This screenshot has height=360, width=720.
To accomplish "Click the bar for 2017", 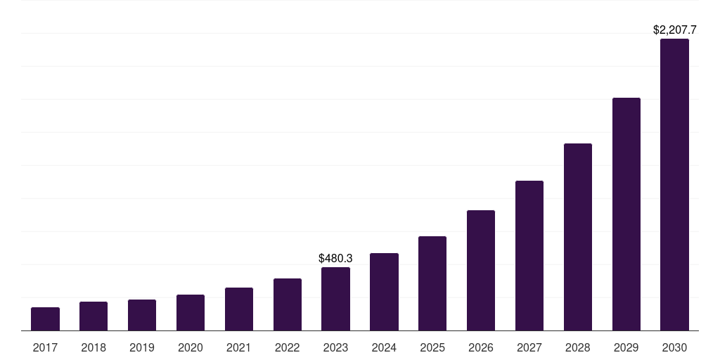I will [x=45, y=319].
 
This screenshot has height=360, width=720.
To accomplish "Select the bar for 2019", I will [x=142, y=315].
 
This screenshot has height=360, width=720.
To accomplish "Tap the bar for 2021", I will [x=239, y=309].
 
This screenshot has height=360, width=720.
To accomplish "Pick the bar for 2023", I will [x=335, y=299].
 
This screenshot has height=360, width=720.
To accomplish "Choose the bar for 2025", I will [x=432, y=283].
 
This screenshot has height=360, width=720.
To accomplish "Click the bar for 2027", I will [x=529, y=256].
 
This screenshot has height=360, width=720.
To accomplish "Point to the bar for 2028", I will [x=578, y=237].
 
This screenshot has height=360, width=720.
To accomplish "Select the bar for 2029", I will [x=626, y=214].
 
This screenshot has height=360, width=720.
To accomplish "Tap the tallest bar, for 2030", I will [x=674, y=185].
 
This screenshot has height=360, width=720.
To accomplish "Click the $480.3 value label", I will [x=335, y=259].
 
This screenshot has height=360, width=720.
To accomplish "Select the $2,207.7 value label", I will [x=674, y=30].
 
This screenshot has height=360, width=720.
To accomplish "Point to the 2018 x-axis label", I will [x=94, y=347].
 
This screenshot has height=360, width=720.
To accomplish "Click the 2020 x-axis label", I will [x=191, y=347].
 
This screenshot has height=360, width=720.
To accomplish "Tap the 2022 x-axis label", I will [x=287, y=347].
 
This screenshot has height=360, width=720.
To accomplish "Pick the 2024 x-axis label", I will [x=384, y=347].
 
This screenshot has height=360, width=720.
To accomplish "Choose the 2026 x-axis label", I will [x=481, y=347].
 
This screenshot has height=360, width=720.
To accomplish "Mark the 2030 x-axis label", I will [x=674, y=347].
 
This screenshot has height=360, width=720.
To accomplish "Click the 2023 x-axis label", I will [x=335, y=347].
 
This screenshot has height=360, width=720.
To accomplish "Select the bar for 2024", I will [x=384, y=292].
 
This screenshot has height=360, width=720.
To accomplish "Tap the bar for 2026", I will [x=481, y=271].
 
